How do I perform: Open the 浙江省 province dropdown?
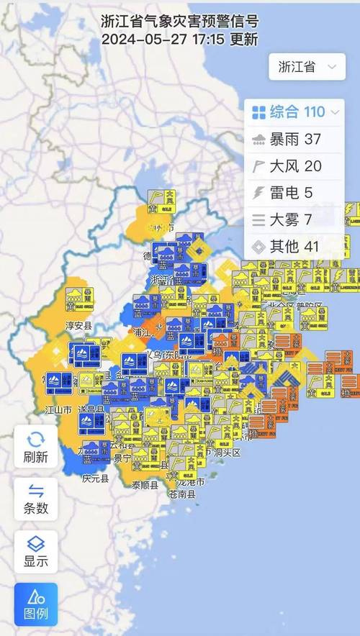click(305, 67)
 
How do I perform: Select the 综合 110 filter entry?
click(295, 112)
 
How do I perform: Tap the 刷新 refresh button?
click(36, 447)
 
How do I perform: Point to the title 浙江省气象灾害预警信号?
click(180, 22)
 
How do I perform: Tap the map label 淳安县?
click(78, 325)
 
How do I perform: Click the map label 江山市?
click(58, 409)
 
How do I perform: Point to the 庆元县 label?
click(95, 478)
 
